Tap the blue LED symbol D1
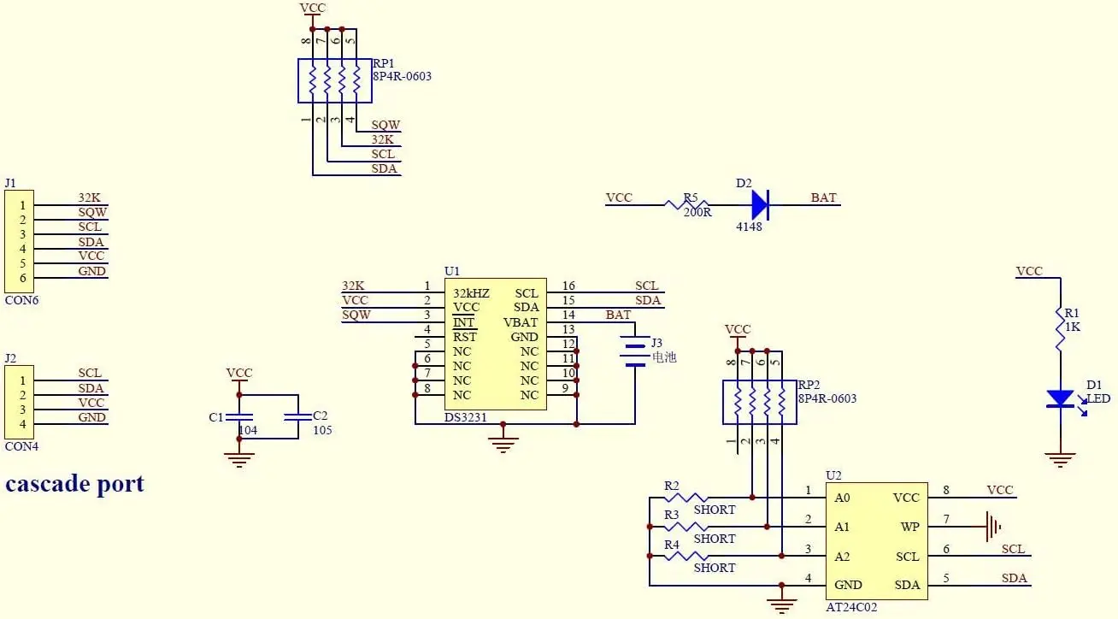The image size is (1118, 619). click(x=1060, y=398)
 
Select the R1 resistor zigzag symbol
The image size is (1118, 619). click(x=1060, y=329)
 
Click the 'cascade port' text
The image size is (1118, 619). click(x=74, y=484)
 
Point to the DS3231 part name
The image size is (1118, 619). click(x=467, y=417)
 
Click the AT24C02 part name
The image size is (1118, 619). click(x=851, y=607)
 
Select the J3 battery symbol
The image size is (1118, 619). click(x=634, y=355)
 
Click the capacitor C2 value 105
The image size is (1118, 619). click(x=322, y=431)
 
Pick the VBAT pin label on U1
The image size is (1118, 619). click(x=521, y=322)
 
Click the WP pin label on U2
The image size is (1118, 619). click(x=909, y=528)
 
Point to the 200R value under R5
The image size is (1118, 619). click(x=697, y=213)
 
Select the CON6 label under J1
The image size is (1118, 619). click(x=21, y=300)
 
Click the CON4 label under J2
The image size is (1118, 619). click(x=21, y=446)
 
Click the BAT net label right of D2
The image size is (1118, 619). click(x=823, y=198)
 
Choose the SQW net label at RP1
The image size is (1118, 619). click(x=385, y=125)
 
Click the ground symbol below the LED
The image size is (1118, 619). click(x=1060, y=460)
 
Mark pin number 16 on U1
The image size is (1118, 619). click(x=568, y=286)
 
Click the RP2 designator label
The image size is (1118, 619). click(x=809, y=385)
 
